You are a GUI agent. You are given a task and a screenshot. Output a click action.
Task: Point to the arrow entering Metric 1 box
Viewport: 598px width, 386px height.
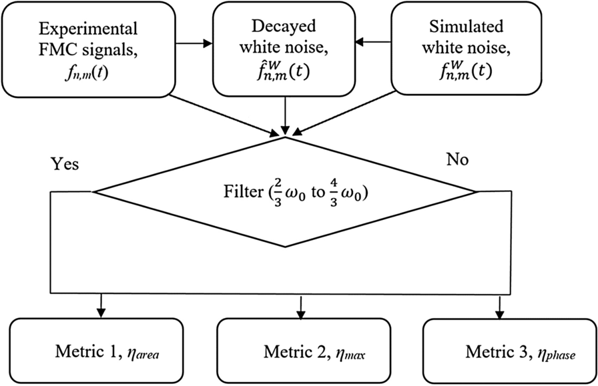101,306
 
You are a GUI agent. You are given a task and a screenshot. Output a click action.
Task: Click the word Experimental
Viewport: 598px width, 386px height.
89,29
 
